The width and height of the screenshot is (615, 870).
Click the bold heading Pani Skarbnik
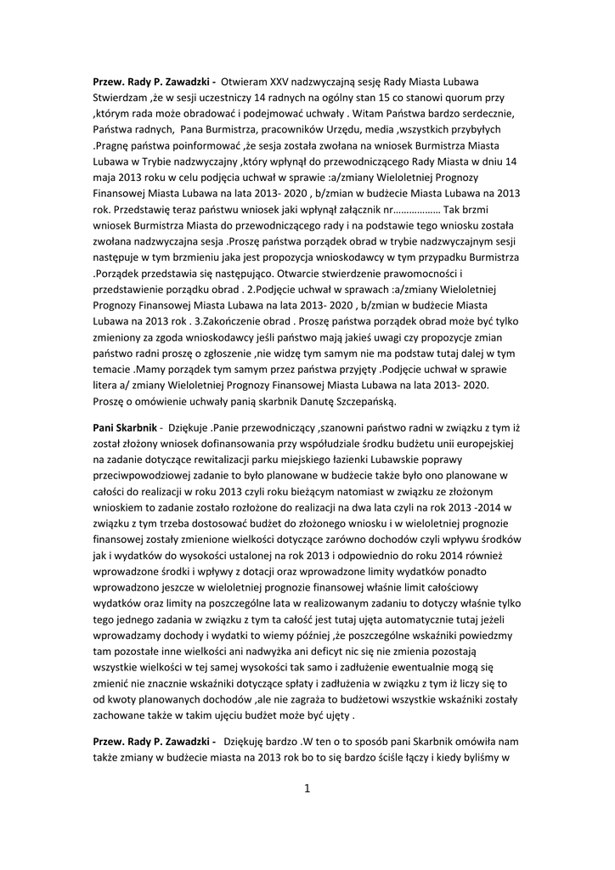tap(127, 430)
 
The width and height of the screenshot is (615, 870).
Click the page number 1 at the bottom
tap(307, 788)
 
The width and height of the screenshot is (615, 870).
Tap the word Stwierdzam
tap(124, 98)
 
